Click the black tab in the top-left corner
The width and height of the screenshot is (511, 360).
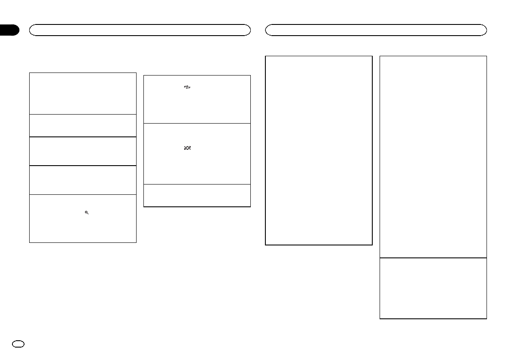(x=9, y=30)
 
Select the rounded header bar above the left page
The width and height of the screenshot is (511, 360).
(x=140, y=30)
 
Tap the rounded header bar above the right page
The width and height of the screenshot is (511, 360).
(x=376, y=30)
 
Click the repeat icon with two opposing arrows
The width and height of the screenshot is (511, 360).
(x=187, y=87)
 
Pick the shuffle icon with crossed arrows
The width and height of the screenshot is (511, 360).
(x=187, y=148)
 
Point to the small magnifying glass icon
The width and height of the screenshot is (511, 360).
(x=87, y=213)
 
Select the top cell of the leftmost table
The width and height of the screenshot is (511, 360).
(x=82, y=93)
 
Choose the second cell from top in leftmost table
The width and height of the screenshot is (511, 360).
(x=82, y=125)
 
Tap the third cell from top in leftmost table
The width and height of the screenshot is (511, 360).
(x=82, y=151)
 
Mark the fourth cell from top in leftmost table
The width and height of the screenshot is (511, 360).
(x=82, y=180)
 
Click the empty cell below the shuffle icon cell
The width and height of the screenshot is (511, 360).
(x=197, y=196)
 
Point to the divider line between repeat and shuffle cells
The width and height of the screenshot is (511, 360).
(x=197, y=123)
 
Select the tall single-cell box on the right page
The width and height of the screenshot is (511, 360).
(x=319, y=150)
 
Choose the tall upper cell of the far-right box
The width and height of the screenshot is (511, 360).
(x=433, y=157)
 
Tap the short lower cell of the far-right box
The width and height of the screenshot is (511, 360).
(x=433, y=288)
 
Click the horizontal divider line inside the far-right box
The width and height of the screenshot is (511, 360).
(x=433, y=257)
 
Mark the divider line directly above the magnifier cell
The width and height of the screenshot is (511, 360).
(x=82, y=194)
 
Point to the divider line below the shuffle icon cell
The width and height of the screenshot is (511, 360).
(x=197, y=185)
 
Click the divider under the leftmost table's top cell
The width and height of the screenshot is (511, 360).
(x=82, y=114)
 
